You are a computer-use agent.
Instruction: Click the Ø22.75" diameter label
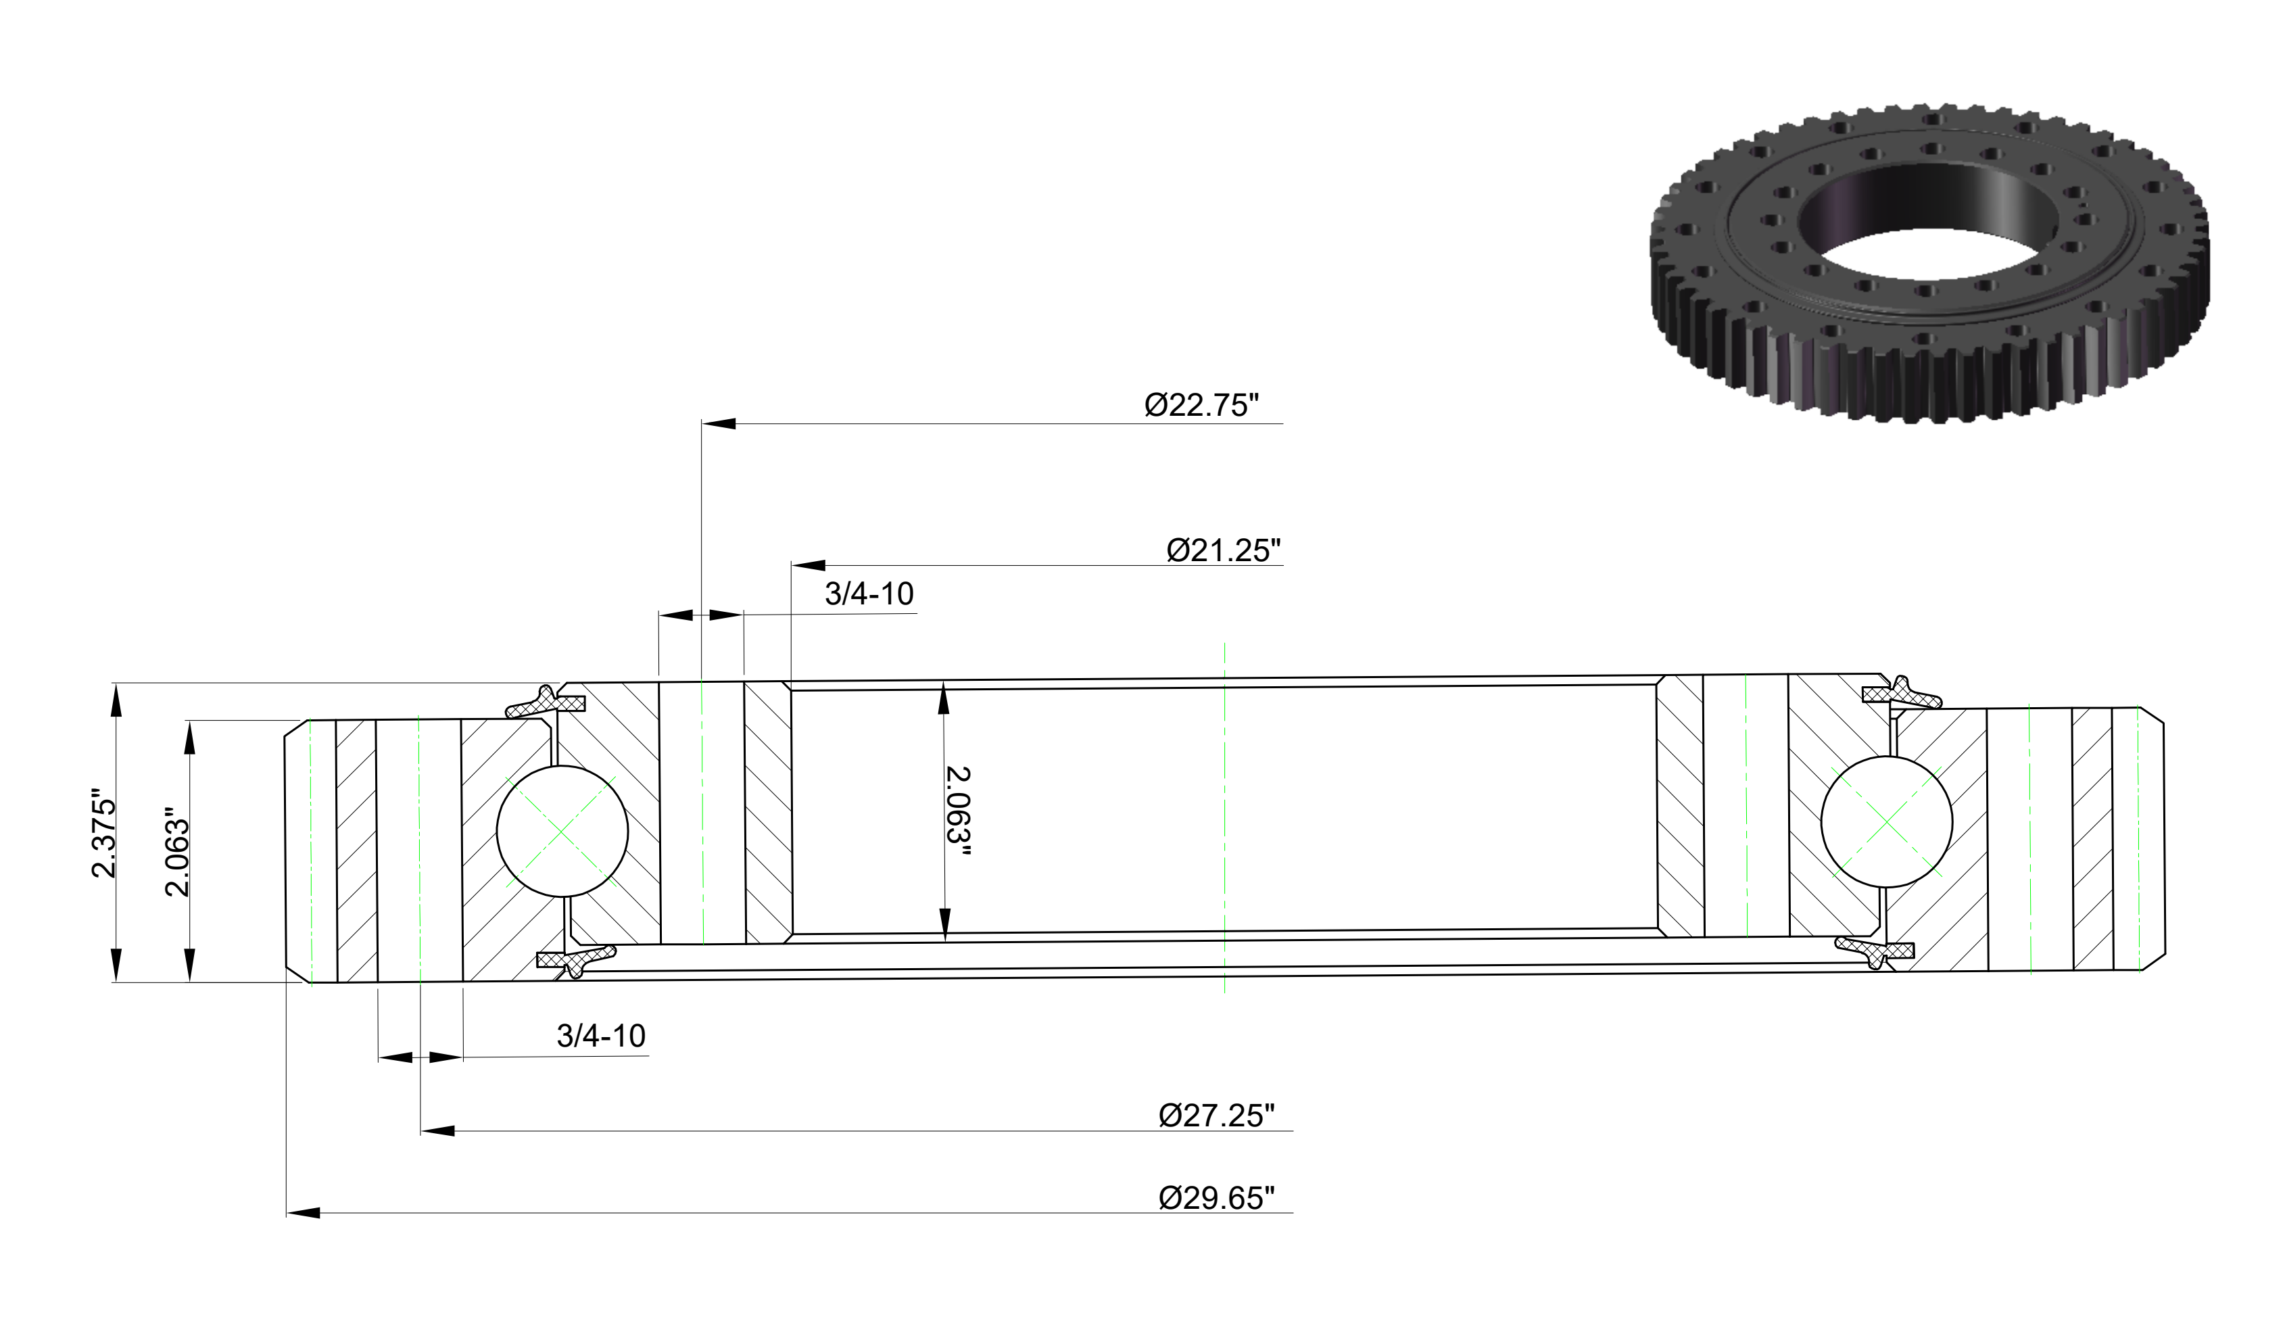[1201, 404]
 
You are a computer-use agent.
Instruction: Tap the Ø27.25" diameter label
[1217, 1115]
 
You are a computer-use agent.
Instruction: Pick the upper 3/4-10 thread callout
[869, 594]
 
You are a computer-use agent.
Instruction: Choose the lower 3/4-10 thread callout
[600, 1035]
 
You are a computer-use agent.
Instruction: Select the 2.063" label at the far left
[177, 853]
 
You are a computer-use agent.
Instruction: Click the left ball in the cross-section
[562, 832]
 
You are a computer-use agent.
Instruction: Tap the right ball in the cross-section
[1887, 822]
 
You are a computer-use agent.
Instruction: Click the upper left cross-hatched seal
[545, 702]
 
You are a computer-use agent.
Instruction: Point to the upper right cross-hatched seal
[1902, 693]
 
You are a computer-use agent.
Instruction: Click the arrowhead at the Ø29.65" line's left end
[303, 1212]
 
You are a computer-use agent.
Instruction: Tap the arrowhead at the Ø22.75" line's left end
[718, 423]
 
